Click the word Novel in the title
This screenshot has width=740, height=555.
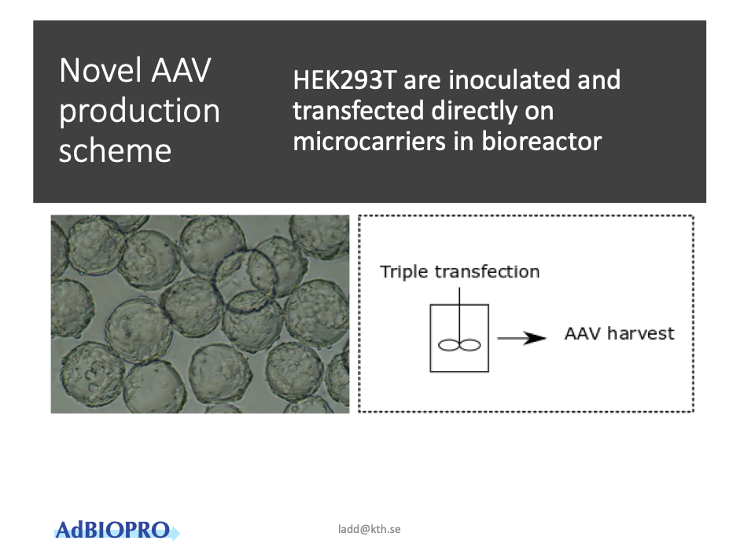click(x=100, y=70)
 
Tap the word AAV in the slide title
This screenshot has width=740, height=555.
click(x=181, y=70)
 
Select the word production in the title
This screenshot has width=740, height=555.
click(x=139, y=112)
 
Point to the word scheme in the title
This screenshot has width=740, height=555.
click(x=115, y=151)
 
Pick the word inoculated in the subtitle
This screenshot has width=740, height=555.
click(x=509, y=79)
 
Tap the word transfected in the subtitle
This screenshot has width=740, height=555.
click(x=358, y=110)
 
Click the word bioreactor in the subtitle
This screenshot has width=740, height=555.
click(x=542, y=142)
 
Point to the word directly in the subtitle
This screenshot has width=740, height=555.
click(x=474, y=112)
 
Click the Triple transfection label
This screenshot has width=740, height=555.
click(x=460, y=272)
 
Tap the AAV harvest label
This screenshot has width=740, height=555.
click(x=619, y=333)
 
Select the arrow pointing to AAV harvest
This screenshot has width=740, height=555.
click(x=521, y=338)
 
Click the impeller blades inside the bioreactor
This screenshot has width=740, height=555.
click(x=459, y=345)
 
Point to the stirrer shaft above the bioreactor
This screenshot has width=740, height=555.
click(x=459, y=314)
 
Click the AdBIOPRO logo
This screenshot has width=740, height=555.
click(x=117, y=530)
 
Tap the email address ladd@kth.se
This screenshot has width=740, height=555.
click(x=369, y=529)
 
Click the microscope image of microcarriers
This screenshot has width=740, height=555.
click(x=200, y=314)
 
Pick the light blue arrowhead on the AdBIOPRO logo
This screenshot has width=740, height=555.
click(x=175, y=532)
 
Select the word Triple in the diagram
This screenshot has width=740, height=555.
click(x=404, y=272)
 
